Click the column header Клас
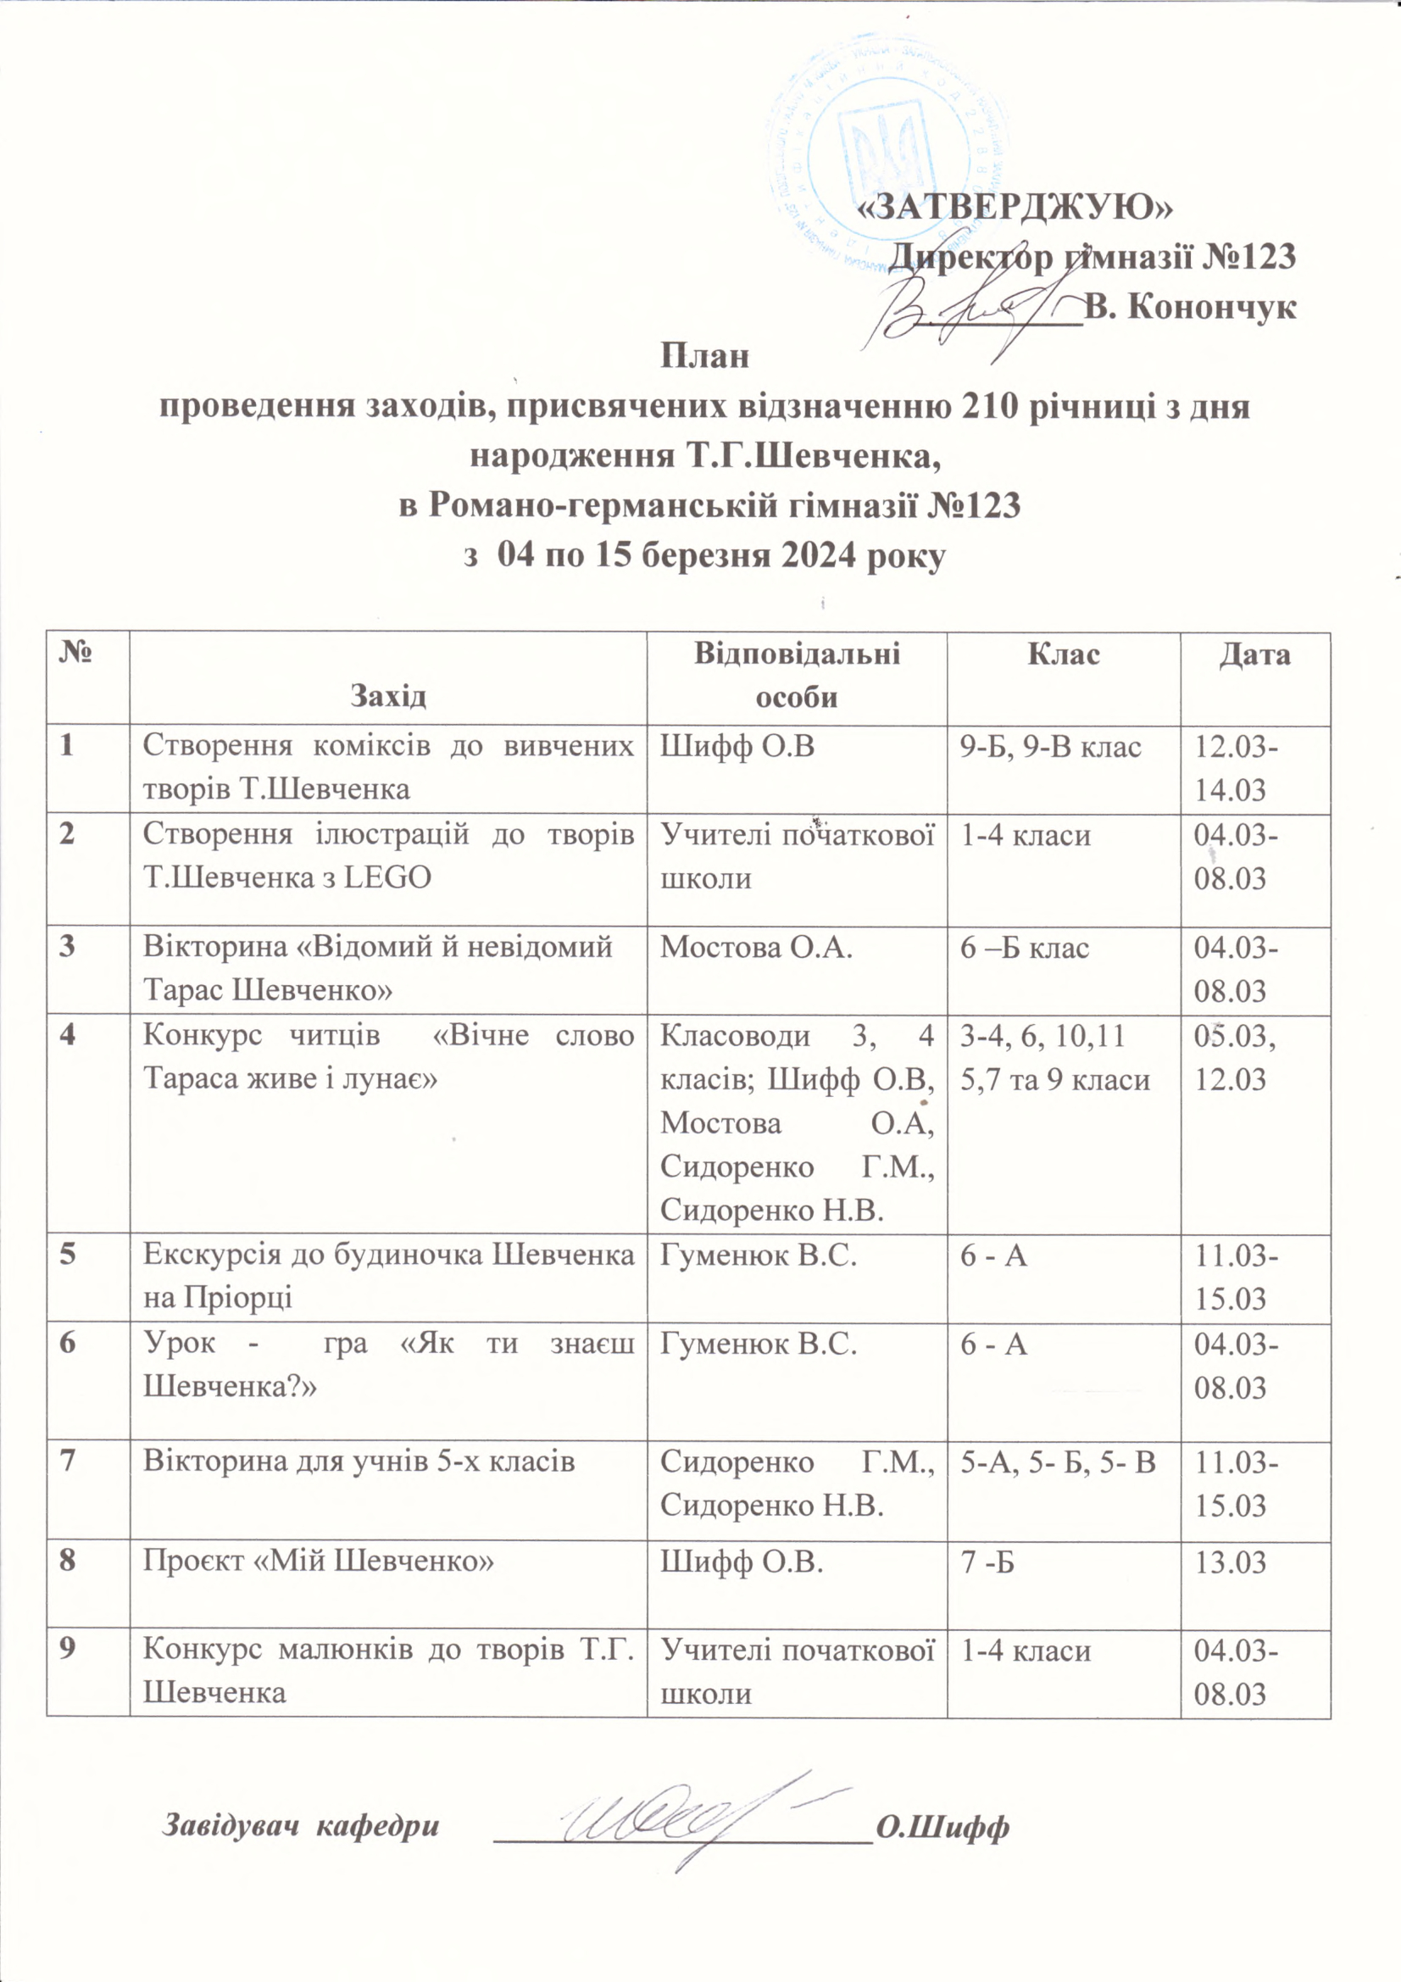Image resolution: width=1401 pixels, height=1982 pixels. pos(1064,655)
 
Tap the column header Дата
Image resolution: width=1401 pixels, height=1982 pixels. pos(1255,655)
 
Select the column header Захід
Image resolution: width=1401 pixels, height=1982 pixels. pos(388,696)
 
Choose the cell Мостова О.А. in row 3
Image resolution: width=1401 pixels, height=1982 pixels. pos(756,948)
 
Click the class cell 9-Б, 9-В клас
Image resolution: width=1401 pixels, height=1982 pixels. pos(1050,746)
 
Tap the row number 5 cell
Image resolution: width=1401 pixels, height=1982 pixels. pos(66,1255)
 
